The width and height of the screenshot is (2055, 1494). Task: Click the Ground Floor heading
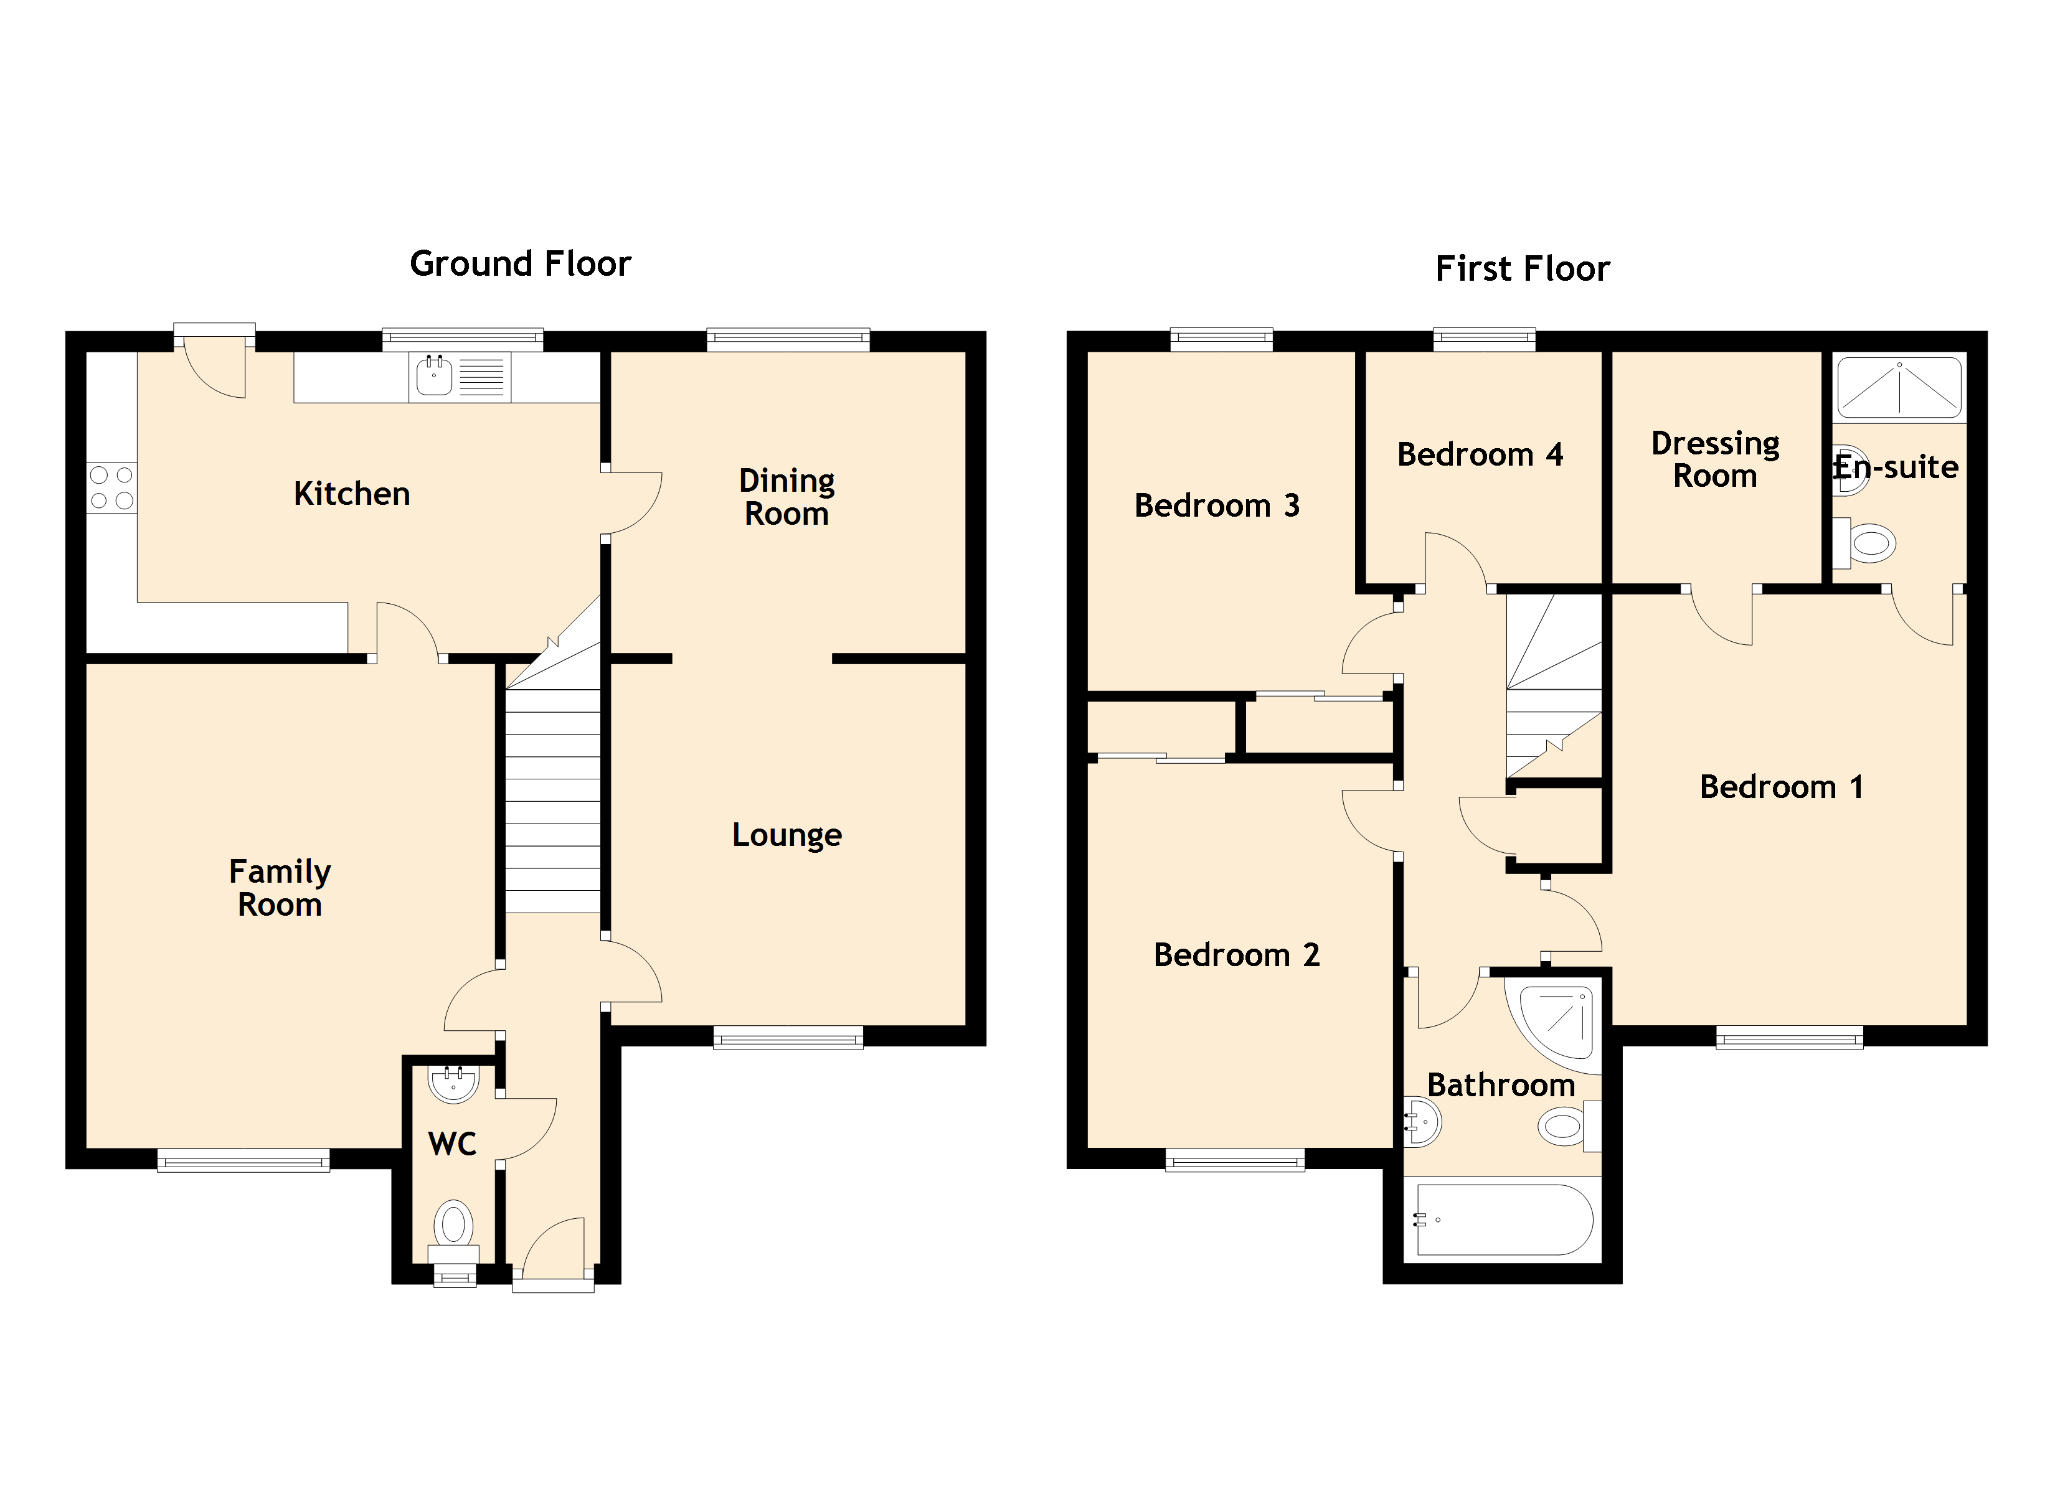pos(520,264)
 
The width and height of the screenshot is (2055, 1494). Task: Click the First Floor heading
pos(1523,268)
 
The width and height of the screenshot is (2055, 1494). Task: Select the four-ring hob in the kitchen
pos(111,487)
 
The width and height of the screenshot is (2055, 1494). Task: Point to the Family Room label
pos(280,888)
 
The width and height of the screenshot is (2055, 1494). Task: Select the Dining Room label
pos(787,497)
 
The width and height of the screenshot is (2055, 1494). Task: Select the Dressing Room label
pos(1715,459)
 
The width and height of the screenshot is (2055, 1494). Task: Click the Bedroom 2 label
pos(1236,955)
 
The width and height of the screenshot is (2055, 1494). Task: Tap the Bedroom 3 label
pos(1217,505)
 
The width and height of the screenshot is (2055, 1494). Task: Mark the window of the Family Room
pos(243,1160)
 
